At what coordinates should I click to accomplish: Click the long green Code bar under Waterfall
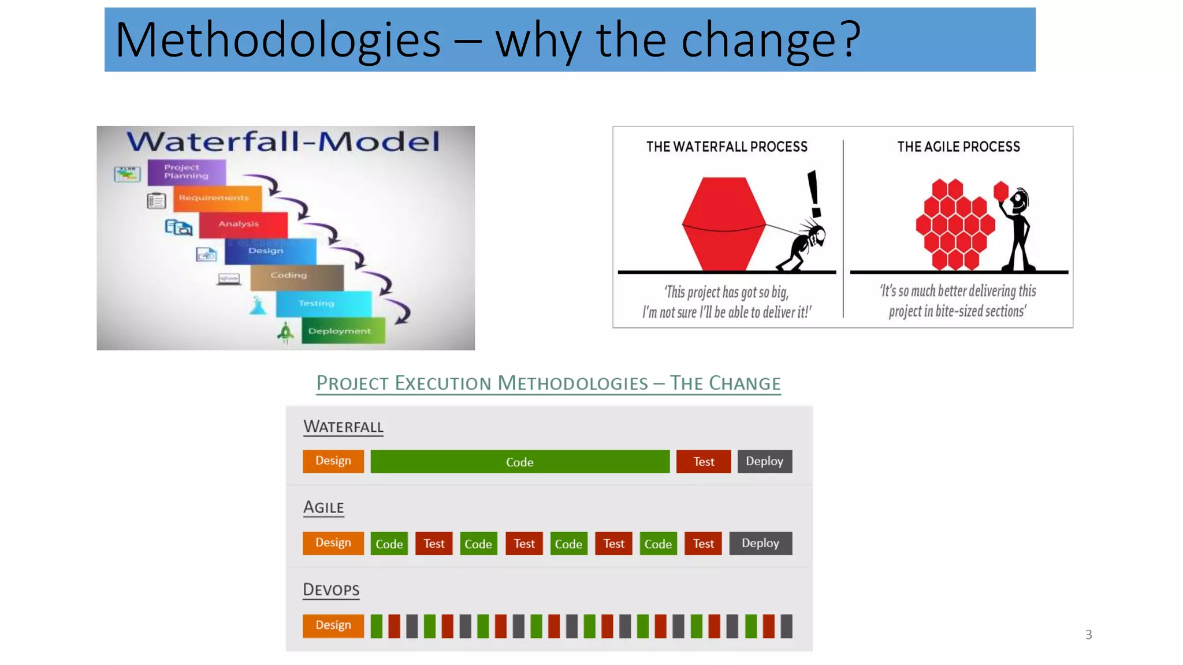[x=520, y=462]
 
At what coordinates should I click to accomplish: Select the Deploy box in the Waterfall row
[x=764, y=461]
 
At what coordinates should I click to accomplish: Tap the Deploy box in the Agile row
[x=760, y=543]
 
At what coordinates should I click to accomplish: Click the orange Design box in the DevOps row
[x=333, y=625]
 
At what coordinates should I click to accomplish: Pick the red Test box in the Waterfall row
[x=704, y=462]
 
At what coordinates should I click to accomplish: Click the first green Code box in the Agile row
[x=389, y=544]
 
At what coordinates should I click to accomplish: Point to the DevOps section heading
[x=331, y=589]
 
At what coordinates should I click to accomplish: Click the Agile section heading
[x=323, y=507]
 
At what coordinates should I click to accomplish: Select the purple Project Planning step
[x=186, y=172]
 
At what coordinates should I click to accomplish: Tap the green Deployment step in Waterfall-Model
[x=343, y=331]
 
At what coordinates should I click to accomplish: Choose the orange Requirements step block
[x=217, y=198]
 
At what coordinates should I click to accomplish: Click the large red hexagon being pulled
[x=724, y=224]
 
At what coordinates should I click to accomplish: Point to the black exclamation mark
[x=814, y=193]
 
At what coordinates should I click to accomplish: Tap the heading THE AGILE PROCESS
[x=958, y=147]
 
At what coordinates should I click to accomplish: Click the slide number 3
[x=1088, y=635]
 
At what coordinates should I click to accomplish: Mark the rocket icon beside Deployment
[x=285, y=332]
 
